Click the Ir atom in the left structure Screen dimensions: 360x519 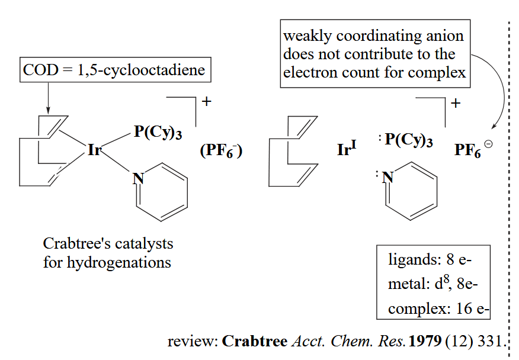[x=95, y=150]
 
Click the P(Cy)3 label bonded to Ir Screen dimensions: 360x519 [x=158, y=132]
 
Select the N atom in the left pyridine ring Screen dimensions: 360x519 [x=138, y=178]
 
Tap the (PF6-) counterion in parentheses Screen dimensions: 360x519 [x=222, y=151]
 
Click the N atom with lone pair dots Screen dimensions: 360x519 [x=388, y=176]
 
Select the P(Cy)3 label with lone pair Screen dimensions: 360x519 [x=408, y=141]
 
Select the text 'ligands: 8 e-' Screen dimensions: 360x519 [x=431, y=260]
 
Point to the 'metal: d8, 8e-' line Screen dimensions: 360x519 [x=432, y=284]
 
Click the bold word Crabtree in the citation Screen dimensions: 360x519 [x=255, y=342]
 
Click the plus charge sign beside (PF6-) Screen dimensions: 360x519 [x=206, y=101]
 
